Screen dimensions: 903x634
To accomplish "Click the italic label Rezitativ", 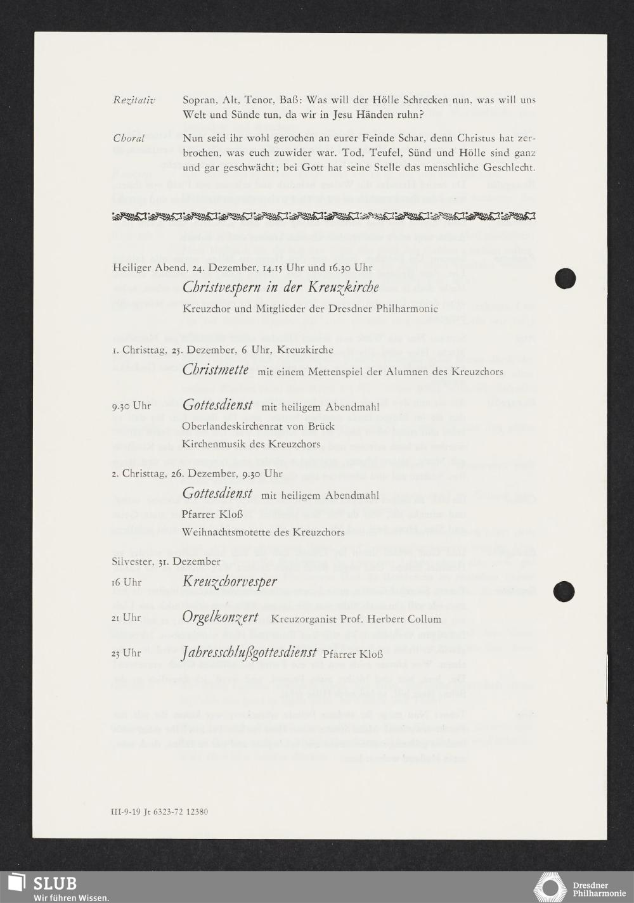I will tap(134, 100).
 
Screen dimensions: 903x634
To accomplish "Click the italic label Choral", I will tap(129, 138).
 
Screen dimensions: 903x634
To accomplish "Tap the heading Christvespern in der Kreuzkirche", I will tap(280, 287).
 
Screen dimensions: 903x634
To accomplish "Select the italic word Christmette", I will tap(216, 369).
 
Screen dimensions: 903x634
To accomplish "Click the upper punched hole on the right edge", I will tap(564, 278).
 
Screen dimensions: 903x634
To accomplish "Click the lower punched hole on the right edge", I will tap(564, 591).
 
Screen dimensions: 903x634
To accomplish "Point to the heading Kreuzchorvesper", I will tap(230, 581).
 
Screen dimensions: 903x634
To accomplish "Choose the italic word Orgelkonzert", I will tap(220, 617).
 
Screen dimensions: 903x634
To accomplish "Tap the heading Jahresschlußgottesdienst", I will tap(249, 653).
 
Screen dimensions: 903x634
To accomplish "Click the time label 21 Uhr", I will tap(126, 618).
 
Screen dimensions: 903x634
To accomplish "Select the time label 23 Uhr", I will tap(126, 653).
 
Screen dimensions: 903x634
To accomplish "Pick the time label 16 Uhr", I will tap(126, 582).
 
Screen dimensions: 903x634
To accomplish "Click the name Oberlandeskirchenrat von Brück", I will tap(257, 426).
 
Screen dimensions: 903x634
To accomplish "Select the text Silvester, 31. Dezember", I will tap(166, 561).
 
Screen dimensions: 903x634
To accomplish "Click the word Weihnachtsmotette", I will tap(220, 532).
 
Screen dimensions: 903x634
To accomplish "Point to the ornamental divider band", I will tap(324, 217).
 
